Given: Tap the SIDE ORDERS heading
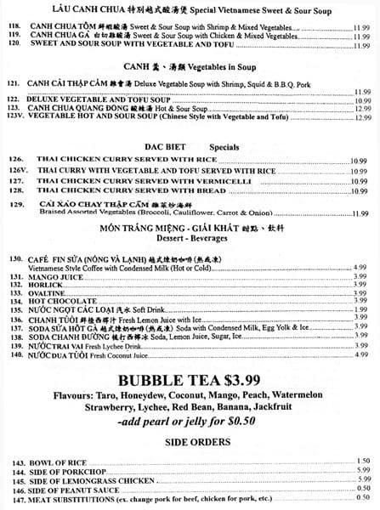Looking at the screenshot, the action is point(189,441).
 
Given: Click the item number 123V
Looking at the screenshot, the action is point(14,114).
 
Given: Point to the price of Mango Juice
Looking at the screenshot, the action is point(360,276).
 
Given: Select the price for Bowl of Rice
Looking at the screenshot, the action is point(361,459).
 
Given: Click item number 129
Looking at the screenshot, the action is point(15,204).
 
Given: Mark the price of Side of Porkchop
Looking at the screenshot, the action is point(361,468).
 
